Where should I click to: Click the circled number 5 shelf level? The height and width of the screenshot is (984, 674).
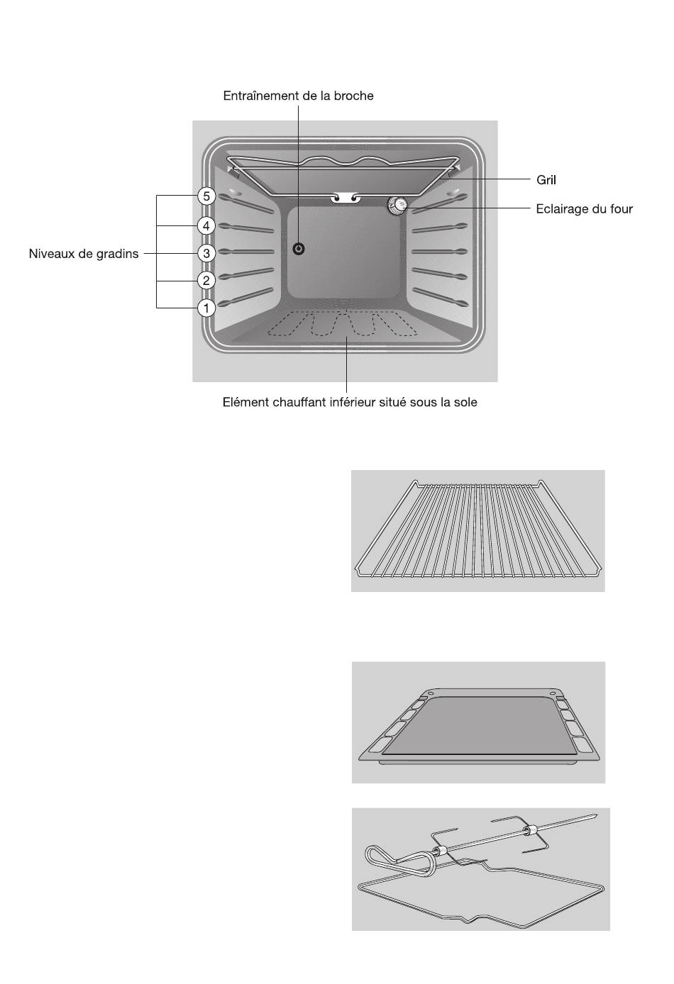tap(206, 196)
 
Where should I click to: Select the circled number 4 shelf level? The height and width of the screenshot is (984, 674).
tap(206, 225)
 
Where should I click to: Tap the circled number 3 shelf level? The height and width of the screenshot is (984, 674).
tap(206, 253)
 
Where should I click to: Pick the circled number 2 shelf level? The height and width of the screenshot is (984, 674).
tap(206, 280)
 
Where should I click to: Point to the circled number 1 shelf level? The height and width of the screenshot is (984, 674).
tap(206, 308)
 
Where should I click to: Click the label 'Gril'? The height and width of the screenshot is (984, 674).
tap(546, 180)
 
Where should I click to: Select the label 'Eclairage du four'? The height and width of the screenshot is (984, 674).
tap(585, 208)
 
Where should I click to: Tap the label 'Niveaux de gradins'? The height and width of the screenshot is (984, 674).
tap(84, 254)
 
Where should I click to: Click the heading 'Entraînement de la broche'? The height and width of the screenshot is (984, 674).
tap(298, 96)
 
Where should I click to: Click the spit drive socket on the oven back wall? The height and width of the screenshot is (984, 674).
tap(299, 249)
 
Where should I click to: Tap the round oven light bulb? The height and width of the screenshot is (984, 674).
tap(397, 205)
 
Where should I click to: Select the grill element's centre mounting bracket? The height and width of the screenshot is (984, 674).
tap(346, 198)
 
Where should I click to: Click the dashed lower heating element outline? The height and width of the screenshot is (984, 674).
tap(343, 324)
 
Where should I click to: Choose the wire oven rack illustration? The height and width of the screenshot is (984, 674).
tap(478, 528)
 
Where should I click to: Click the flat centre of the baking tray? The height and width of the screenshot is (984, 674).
tap(479, 725)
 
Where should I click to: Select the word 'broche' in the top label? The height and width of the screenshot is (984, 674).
tap(353, 96)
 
